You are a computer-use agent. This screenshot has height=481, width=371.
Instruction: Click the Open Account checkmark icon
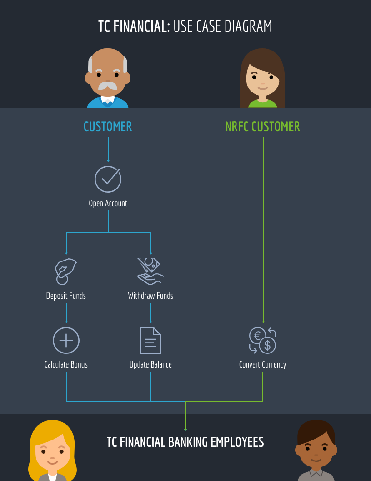tap(108, 179)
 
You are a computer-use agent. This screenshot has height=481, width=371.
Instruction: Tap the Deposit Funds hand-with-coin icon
tap(65, 271)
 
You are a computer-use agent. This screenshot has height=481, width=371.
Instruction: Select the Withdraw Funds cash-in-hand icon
tap(150, 271)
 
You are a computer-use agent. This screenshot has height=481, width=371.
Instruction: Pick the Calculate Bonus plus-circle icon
tap(66, 340)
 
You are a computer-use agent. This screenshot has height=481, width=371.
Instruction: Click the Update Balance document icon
tap(150, 340)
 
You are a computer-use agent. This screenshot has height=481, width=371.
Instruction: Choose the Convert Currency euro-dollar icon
tap(263, 341)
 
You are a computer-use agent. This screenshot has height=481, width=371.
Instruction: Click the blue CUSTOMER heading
tap(108, 126)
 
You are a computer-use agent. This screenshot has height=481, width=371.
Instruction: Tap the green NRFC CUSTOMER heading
tap(263, 126)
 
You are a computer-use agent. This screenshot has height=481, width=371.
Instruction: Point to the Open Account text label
tap(108, 203)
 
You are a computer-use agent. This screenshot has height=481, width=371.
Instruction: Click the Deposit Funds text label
tap(66, 296)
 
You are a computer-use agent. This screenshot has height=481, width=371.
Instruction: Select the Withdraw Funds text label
tap(150, 296)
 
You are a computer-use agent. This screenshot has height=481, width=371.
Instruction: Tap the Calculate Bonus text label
tap(66, 364)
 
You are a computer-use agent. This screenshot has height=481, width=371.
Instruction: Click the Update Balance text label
tap(150, 364)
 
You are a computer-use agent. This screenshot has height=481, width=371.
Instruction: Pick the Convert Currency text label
tap(262, 364)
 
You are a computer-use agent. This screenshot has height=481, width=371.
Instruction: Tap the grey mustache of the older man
tap(108, 86)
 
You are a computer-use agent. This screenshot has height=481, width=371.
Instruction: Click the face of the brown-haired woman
tap(262, 80)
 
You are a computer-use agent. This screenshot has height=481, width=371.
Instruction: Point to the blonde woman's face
tap(52, 453)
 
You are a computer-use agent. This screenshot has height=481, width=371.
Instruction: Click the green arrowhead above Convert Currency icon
tap(263, 322)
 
